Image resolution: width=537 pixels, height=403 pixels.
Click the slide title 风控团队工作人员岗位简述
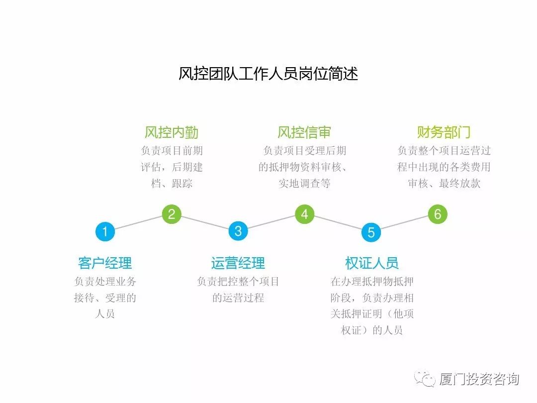[x=268, y=74]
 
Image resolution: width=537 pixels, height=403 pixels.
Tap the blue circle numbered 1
[x=105, y=231]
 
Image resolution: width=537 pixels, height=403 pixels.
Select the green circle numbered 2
[x=172, y=214]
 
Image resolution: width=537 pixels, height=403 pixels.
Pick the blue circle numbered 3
[x=238, y=231]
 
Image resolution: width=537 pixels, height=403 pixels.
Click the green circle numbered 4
[x=305, y=214]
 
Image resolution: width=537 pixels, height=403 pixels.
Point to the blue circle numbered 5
[x=371, y=232]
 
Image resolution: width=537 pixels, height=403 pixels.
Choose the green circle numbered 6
[x=438, y=214]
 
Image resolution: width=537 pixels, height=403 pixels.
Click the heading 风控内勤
[x=172, y=132]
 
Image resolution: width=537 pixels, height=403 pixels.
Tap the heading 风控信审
[x=304, y=132]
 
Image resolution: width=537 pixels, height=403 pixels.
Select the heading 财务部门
[x=444, y=132]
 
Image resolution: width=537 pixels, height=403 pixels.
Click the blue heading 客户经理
[x=105, y=263]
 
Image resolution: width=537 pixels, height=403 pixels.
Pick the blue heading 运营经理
[x=238, y=263]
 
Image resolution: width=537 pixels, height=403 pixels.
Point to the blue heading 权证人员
[x=371, y=263]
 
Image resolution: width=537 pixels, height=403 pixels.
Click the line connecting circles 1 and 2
[x=138, y=223]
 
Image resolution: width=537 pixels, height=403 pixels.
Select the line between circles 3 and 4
[x=271, y=223]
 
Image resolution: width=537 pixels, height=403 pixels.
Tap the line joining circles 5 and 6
[x=404, y=223]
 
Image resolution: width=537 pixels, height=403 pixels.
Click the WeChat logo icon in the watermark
[x=425, y=380]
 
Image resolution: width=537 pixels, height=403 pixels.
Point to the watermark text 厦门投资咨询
[x=479, y=380]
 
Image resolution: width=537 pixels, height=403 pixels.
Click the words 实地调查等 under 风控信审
[x=304, y=184]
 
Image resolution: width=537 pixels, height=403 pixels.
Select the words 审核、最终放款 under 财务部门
[x=444, y=184]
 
